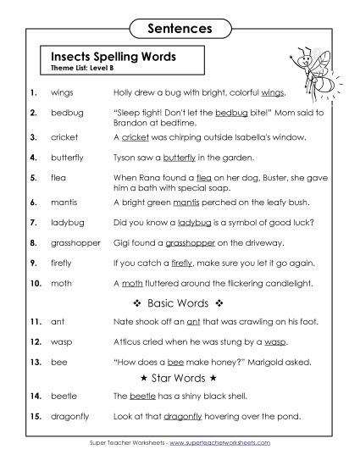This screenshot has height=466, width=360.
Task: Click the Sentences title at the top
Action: point(180,28)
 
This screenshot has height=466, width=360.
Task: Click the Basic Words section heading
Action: point(179,303)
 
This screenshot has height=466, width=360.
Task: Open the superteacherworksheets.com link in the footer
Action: point(232,443)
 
